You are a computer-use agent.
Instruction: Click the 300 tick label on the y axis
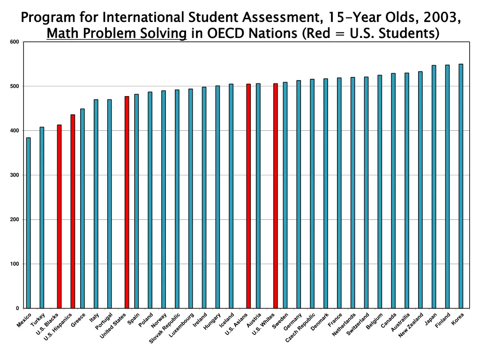click(x=15, y=175)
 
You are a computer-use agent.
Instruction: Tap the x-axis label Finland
click(x=443, y=320)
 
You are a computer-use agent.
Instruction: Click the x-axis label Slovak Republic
click(x=165, y=328)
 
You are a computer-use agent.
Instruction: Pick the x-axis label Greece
click(x=78, y=319)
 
